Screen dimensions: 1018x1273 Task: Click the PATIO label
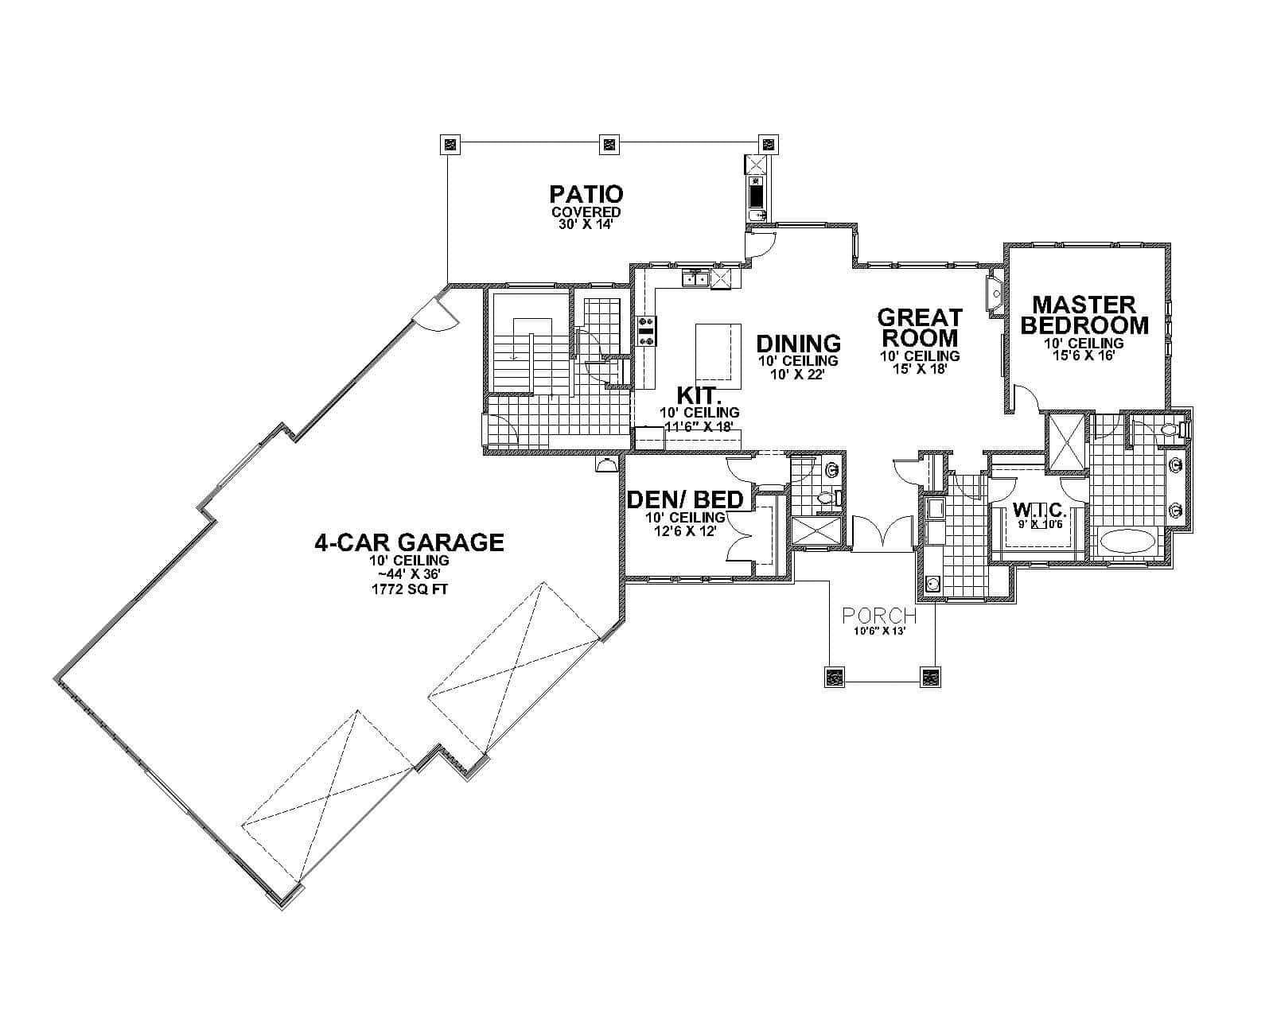click(x=586, y=194)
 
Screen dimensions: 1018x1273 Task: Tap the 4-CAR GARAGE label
click(x=409, y=542)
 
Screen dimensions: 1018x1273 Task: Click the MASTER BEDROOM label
click(x=1084, y=315)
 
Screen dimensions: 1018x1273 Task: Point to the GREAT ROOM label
click(x=920, y=327)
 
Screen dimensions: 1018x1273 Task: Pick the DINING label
click(x=798, y=344)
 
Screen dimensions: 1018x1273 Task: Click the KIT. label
click(x=699, y=395)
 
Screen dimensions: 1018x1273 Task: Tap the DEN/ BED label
click(x=686, y=499)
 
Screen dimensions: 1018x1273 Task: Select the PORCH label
click(x=879, y=616)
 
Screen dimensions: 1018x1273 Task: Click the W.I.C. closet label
click(x=1039, y=509)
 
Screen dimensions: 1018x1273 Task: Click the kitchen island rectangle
click(x=718, y=356)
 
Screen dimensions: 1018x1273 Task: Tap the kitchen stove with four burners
click(x=646, y=331)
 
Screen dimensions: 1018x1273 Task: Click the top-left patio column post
click(x=450, y=144)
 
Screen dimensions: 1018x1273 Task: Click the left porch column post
click(x=835, y=678)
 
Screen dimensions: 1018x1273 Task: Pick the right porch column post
click(x=930, y=678)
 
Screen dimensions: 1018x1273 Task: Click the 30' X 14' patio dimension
click(x=586, y=224)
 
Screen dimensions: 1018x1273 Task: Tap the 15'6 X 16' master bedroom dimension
click(x=1084, y=356)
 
